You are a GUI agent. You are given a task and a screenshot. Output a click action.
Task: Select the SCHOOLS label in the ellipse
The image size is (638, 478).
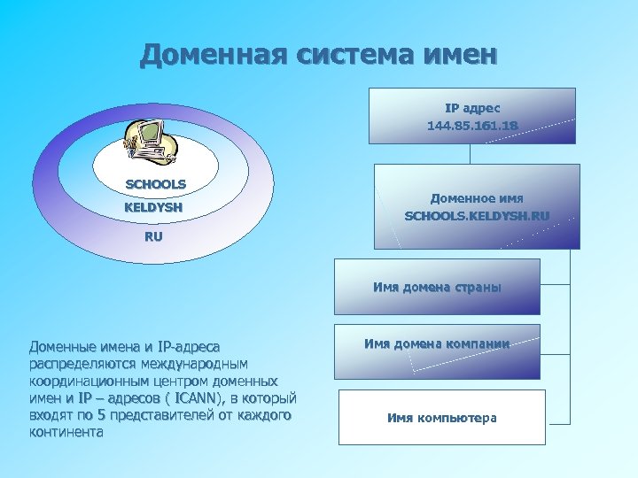pyautogui.click(x=155, y=184)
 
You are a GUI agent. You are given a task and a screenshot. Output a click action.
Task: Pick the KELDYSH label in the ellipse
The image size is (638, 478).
pyautogui.click(x=153, y=208)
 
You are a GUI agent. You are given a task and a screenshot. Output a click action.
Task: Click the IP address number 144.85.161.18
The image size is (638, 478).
pyautogui.click(x=472, y=127)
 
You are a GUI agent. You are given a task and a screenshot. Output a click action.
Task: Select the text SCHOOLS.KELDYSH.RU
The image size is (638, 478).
pyautogui.click(x=477, y=215)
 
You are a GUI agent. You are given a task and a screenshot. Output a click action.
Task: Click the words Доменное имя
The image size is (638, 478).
pyautogui.click(x=477, y=198)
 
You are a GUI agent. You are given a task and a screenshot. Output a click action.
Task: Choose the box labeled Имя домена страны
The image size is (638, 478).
pyautogui.click(x=437, y=287)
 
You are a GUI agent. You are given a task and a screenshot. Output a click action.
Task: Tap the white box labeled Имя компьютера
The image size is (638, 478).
pyautogui.click(x=441, y=417)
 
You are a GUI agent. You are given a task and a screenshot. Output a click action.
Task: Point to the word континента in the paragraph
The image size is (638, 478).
pyautogui.click(x=66, y=433)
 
